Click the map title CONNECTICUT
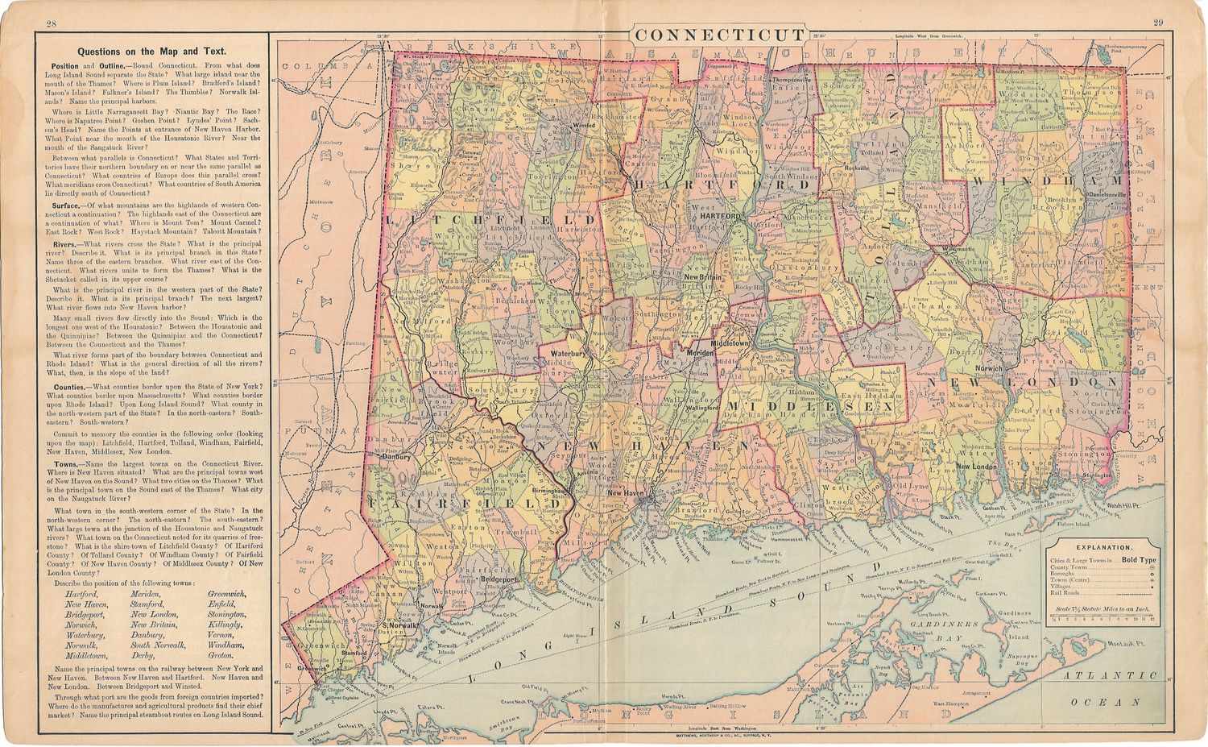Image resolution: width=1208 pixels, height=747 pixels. click(718, 35)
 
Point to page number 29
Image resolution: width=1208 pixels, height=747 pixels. click(1158, 23)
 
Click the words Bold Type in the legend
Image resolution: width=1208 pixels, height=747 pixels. click(1139, 559)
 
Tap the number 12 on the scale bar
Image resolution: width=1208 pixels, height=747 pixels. click(1152, 620)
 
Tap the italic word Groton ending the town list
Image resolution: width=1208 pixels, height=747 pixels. click(221, 656)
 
